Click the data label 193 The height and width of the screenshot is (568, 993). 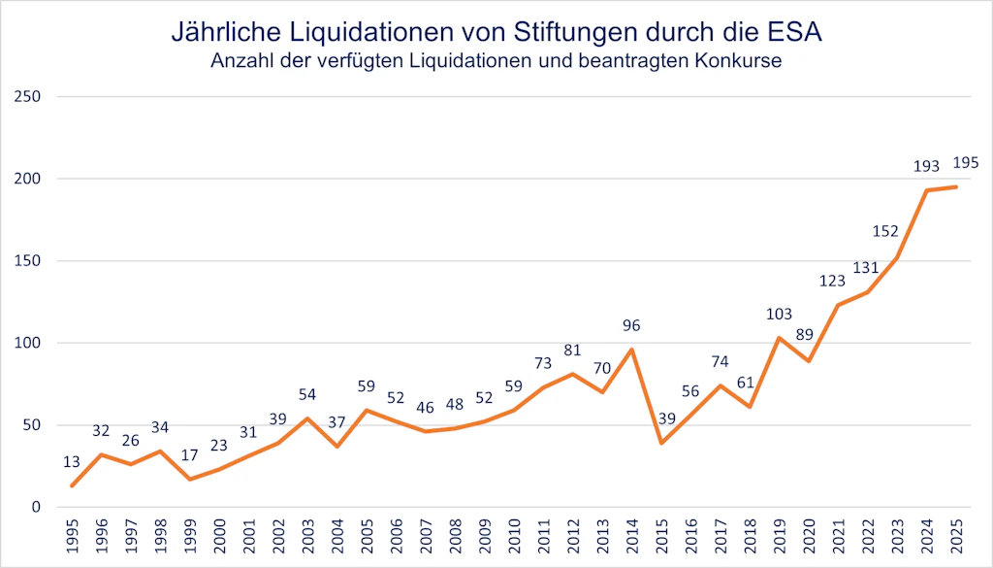coord(926,167)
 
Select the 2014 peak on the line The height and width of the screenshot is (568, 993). coord(631,350)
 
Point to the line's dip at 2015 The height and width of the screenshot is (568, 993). coord(660,443)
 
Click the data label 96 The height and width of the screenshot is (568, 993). coord(631,326)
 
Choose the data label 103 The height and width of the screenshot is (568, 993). coord(778,315)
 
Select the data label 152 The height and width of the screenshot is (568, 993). coord(885,231)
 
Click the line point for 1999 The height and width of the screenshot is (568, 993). coord(190,479)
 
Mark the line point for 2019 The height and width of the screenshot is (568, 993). coord(778,338)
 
